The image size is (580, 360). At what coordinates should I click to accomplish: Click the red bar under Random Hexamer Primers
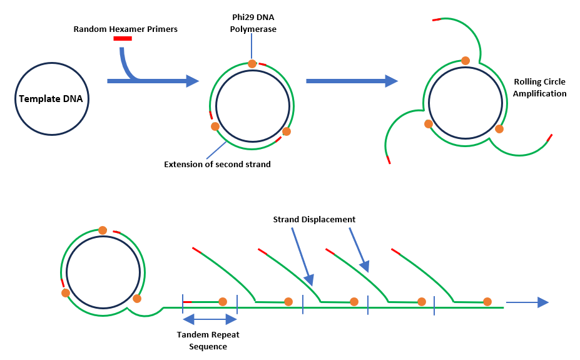[123, 39]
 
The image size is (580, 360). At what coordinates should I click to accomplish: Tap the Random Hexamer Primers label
[125, 29]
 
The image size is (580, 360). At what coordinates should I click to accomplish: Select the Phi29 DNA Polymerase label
[253, 24]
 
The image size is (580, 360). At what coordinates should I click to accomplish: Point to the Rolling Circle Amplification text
[540, 88]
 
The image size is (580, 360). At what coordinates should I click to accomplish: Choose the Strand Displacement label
[314, 219]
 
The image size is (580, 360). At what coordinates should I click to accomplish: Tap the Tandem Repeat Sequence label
[208, 340]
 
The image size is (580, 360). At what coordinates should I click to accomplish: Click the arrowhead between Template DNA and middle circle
[192, 81]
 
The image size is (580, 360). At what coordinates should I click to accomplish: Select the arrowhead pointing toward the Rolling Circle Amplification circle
[391, 81]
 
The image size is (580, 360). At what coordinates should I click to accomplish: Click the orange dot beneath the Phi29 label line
[252, 63]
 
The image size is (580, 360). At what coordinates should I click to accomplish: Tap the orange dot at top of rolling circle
[466, 61]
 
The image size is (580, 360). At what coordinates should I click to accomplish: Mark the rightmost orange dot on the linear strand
[487, 302]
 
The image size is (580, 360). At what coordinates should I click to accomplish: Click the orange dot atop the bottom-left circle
[103, 230]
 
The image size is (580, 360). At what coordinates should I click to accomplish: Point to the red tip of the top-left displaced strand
[436, 20]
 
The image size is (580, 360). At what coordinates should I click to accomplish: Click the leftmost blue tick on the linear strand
[183, 303]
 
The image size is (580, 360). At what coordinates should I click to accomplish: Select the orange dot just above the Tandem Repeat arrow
[223, 302]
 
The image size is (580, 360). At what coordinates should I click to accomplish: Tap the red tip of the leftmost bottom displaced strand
[196, 250]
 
